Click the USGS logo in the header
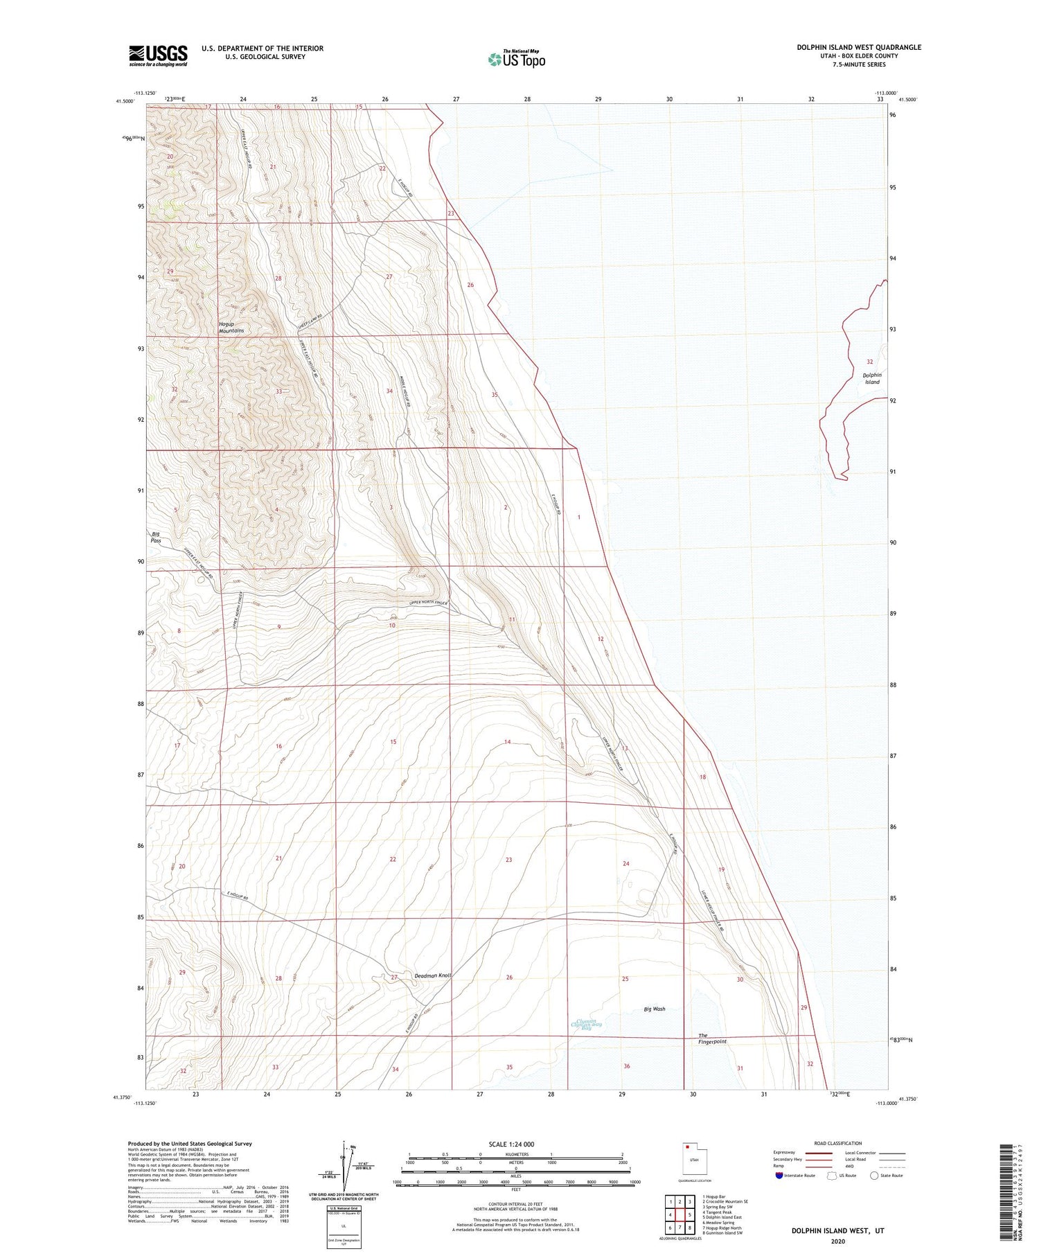(158, 55)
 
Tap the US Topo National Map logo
(517, 59)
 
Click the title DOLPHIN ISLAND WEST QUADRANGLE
(858, 47)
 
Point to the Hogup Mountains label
(231, 327)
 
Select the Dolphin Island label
(872, 378)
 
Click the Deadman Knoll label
(433, 975)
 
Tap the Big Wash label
(654, 1009)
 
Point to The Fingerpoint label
(712, 1038)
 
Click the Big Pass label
(157, 537)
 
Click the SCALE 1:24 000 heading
(515, 1144)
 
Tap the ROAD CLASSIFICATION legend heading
(838, 1143)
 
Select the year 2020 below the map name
(838, 1241)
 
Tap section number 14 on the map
(507, 742)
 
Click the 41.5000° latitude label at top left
(124, 101)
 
